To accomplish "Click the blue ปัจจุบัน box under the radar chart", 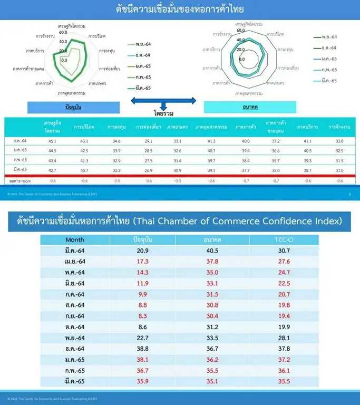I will (73, 107).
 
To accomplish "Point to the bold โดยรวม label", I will (163, 113).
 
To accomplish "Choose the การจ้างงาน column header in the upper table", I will (339, 127).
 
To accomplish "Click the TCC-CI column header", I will (284, 239).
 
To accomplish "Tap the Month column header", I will (75, 239).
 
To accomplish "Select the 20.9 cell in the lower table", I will (142, 250).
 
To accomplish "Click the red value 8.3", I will (142, 316).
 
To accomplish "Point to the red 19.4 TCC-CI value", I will (284, 316).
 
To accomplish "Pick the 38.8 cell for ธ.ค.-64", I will (142, 349).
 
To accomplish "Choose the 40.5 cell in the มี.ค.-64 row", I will (212, 250).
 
